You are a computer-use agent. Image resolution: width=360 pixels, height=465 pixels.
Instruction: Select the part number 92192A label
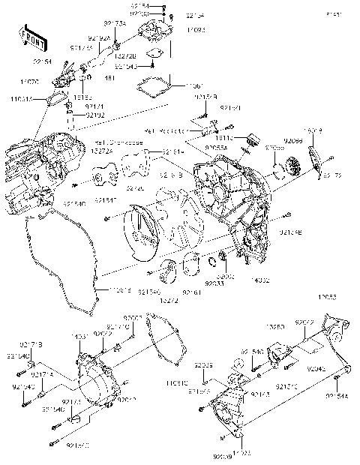click(99, 38)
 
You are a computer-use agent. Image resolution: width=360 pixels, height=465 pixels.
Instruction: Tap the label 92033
click(214, 284)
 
